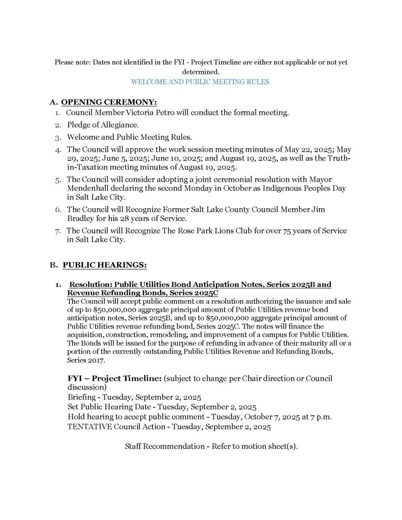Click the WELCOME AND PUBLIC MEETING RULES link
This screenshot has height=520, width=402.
point(200,81)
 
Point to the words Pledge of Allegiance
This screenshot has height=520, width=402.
point(103,125)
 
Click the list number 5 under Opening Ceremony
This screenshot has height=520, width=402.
point(58,179)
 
